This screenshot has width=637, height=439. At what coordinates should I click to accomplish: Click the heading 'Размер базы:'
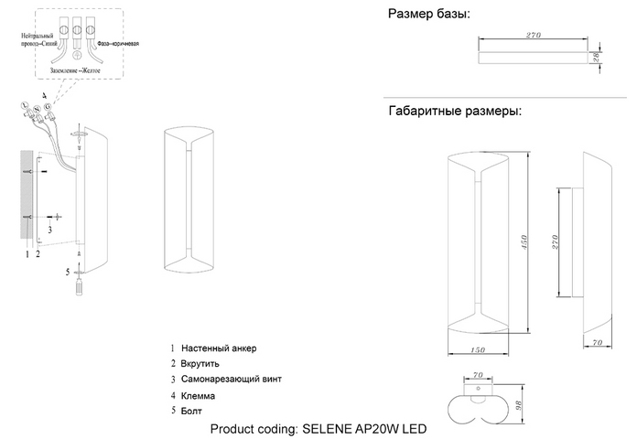coord(429,16)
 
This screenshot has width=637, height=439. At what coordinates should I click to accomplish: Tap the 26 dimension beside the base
coord(596,57)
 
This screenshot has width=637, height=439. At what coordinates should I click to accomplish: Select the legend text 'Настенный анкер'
coord(220,348)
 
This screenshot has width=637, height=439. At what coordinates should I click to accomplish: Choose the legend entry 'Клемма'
coord(199,395)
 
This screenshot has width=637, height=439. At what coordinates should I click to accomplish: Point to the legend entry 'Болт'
coord(191,411)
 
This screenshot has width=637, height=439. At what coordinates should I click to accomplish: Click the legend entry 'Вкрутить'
coord(201,363)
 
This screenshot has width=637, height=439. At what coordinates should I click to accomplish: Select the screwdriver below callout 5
coord(80,286)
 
